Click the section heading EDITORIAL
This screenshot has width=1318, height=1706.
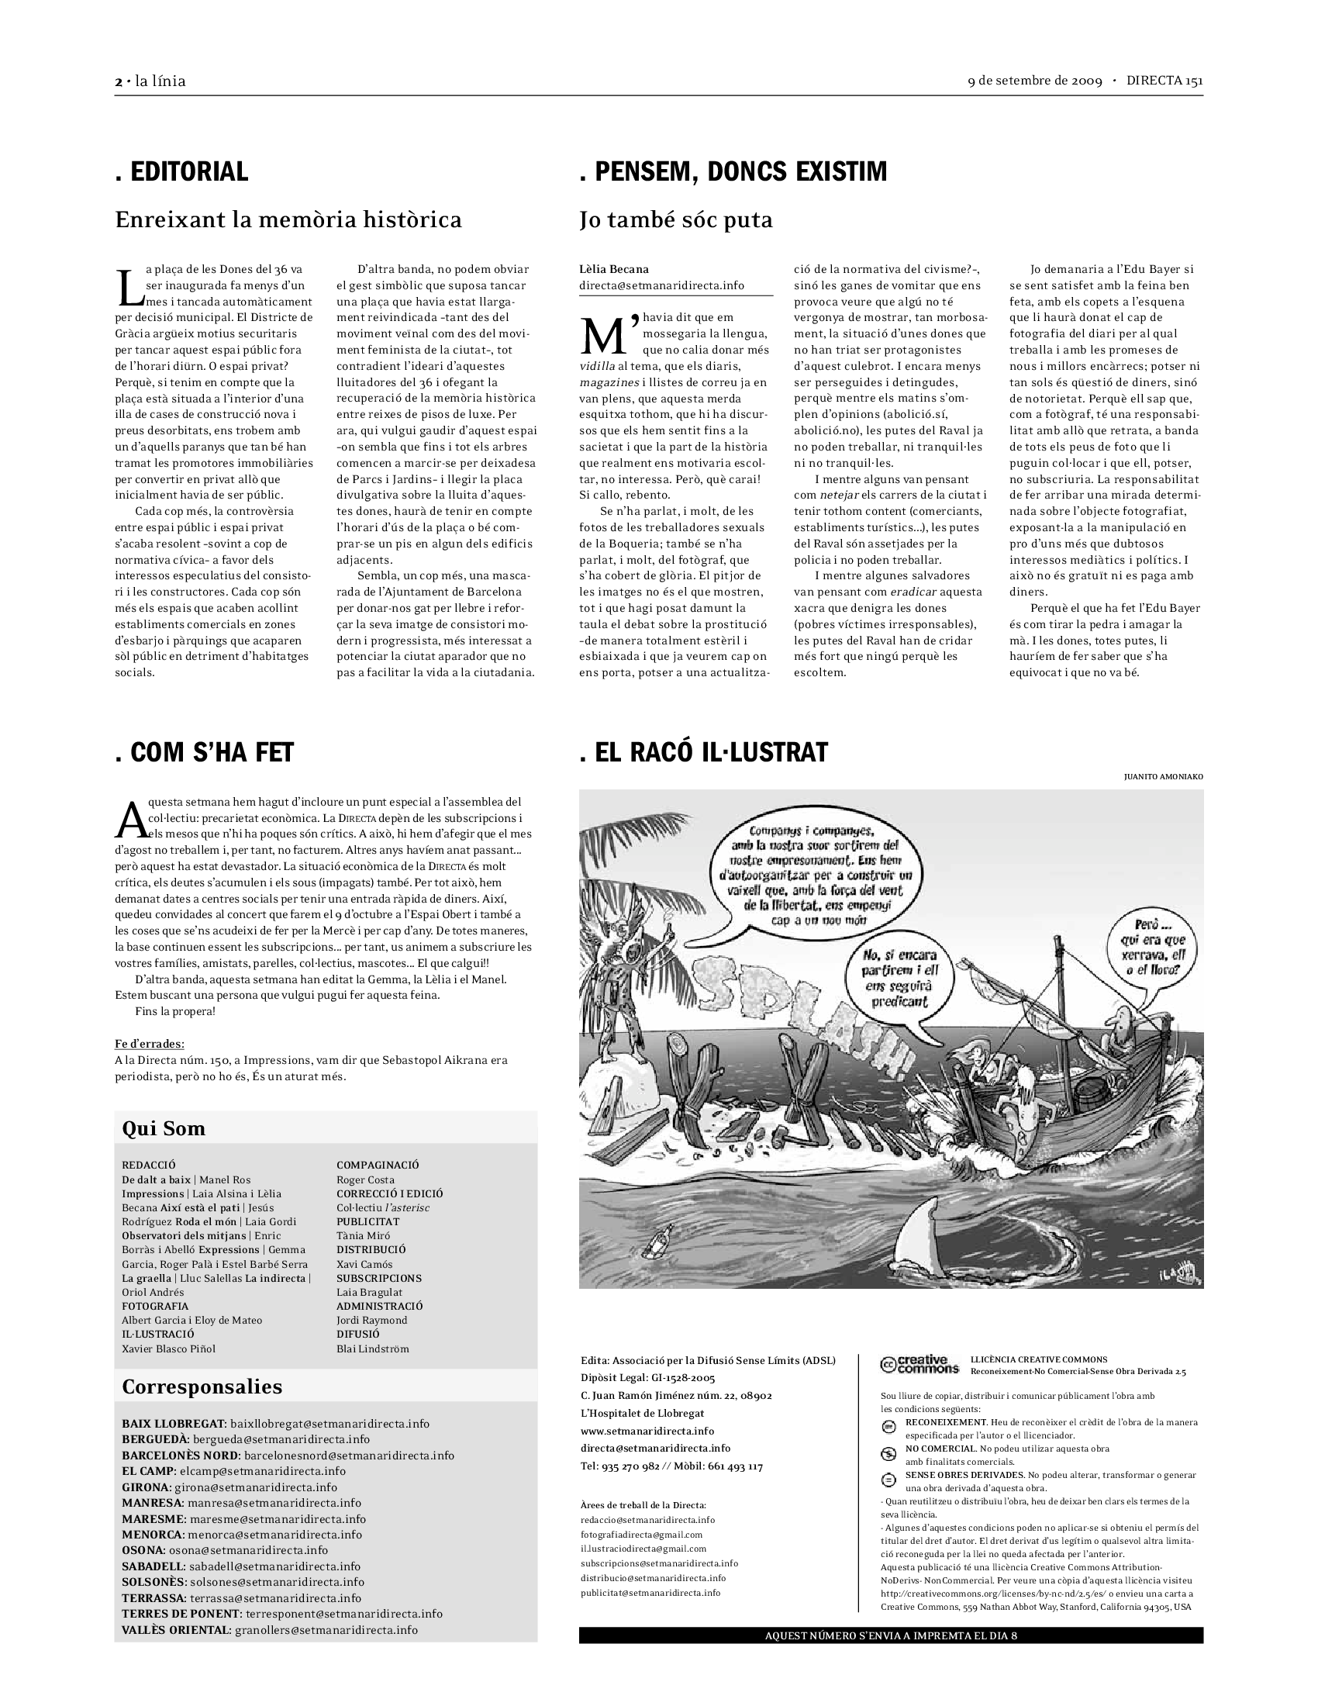pyautogui.click(x=181, y=172)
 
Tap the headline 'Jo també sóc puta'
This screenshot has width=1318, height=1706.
pyautogui.click(x=675, y=220)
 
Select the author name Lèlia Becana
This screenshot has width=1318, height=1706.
pyautogui.click(x=614, y=270)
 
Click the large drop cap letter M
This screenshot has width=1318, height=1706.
pyautogui.click(x=607, y=334)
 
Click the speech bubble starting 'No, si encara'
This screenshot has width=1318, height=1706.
pyautogui.click(x=900, y=978)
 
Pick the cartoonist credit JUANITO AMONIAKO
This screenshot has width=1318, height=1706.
pyautogui.click(x=1164, y=776)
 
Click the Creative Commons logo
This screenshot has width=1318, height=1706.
pyautogui.click(x=919, y=1365)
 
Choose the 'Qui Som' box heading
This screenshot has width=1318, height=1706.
pyautogui.click(x=163, y=1129)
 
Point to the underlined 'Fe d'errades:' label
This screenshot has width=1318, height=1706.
pyautogui.click(x=150, y=1044)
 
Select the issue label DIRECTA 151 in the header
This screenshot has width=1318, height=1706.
pyautogui.click(x=1164, y=81)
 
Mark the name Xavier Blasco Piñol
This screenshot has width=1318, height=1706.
pyautogui.click(x=169, y=1349)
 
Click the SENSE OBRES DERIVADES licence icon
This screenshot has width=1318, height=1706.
pyautogui.click(x=888, y=1480)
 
